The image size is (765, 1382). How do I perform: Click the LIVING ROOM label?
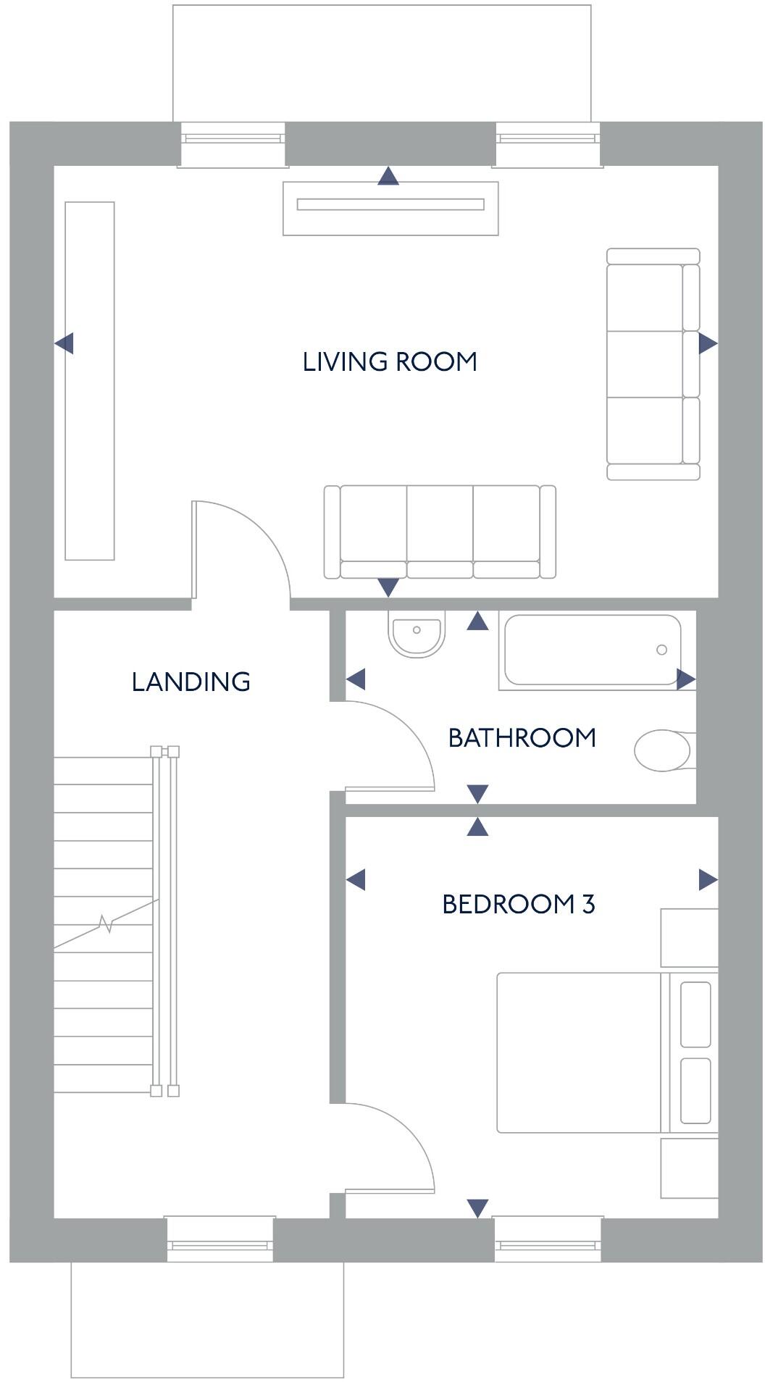390,361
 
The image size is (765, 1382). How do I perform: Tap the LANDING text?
191,682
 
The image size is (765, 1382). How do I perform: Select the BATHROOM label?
522,737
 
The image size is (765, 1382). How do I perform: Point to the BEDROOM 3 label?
519,904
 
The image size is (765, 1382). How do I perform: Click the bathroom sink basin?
416,635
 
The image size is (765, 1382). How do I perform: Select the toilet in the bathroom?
664,750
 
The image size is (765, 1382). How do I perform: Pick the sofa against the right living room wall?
653,364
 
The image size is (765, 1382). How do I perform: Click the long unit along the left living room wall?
90,381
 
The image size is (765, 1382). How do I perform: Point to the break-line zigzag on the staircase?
106,924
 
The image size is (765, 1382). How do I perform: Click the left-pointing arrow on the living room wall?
64,343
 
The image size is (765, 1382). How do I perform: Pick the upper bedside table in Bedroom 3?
689,937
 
